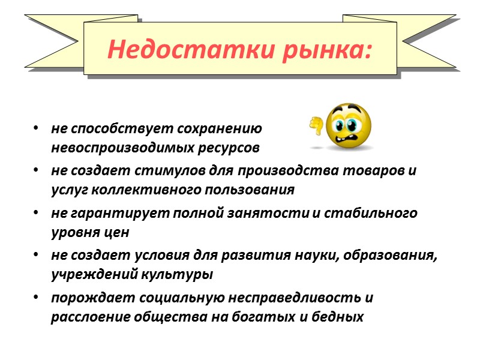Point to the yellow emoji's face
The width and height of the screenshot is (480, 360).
[347, 127]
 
